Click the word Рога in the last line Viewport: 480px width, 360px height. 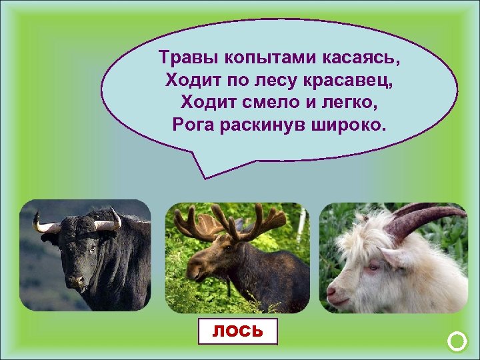click(x=194, y=125)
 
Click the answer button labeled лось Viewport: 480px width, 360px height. click(x=238, y=331)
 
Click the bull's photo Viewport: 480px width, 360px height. click(x=85, y=256)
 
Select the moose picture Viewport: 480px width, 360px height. click(x=237, y=257)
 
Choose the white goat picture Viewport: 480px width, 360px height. click(x=393, y=257)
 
